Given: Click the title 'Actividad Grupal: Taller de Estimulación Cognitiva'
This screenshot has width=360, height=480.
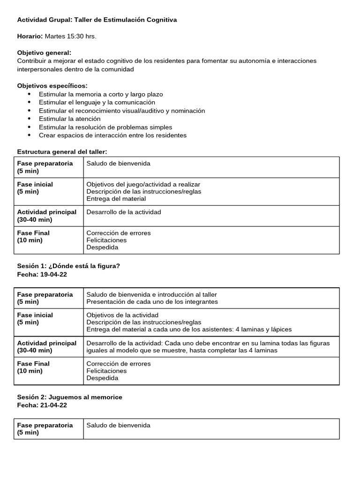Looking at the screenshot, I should (97, 20).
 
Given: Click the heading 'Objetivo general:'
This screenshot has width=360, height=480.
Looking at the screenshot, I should (44, 53).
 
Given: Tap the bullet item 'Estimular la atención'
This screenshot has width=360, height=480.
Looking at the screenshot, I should (69, 119).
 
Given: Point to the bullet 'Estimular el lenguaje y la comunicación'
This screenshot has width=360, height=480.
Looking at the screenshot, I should (97, 102).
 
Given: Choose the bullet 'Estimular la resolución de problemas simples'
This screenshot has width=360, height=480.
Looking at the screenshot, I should (105, 127).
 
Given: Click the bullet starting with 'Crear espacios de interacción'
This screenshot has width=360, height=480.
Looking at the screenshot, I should (112, 135).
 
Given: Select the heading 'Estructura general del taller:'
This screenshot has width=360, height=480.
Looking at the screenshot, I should (62, 151).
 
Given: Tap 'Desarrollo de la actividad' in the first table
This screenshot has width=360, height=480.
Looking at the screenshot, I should (123, 212).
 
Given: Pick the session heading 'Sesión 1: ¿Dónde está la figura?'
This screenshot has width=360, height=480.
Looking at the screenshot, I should (68, 266).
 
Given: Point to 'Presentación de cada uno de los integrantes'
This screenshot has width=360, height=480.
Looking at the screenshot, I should (152, 301).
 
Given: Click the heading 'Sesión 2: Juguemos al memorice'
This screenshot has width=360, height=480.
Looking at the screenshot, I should (69, 397).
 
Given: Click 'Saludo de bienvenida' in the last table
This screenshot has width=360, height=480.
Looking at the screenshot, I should (118, 425).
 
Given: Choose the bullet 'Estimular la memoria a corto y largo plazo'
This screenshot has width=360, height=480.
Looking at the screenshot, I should (101, 94).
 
